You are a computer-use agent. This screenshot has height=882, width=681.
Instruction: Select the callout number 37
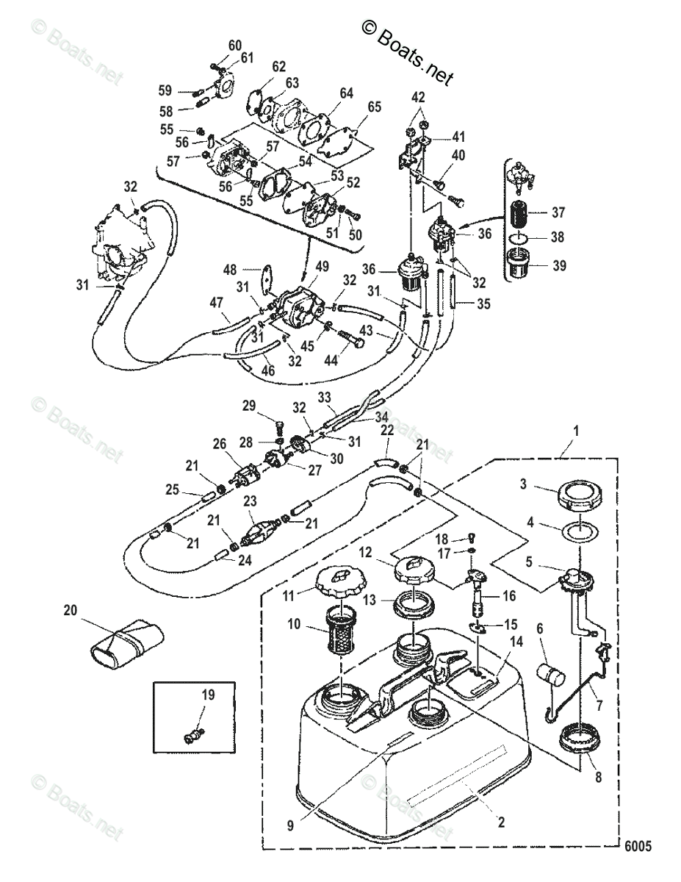tap(558, 212)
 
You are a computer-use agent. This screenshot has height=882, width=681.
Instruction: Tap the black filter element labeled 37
tap(520, 214)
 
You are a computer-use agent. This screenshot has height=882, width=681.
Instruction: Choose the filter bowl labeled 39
tap(520, 265)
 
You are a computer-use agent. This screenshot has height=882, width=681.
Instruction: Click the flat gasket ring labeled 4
tap(580, 531)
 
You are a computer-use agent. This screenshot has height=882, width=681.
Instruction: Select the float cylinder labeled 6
tap(551, 675)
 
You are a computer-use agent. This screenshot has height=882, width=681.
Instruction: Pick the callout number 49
tap(322, 267)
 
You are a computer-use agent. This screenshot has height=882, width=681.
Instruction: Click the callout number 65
tap(375, 107)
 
